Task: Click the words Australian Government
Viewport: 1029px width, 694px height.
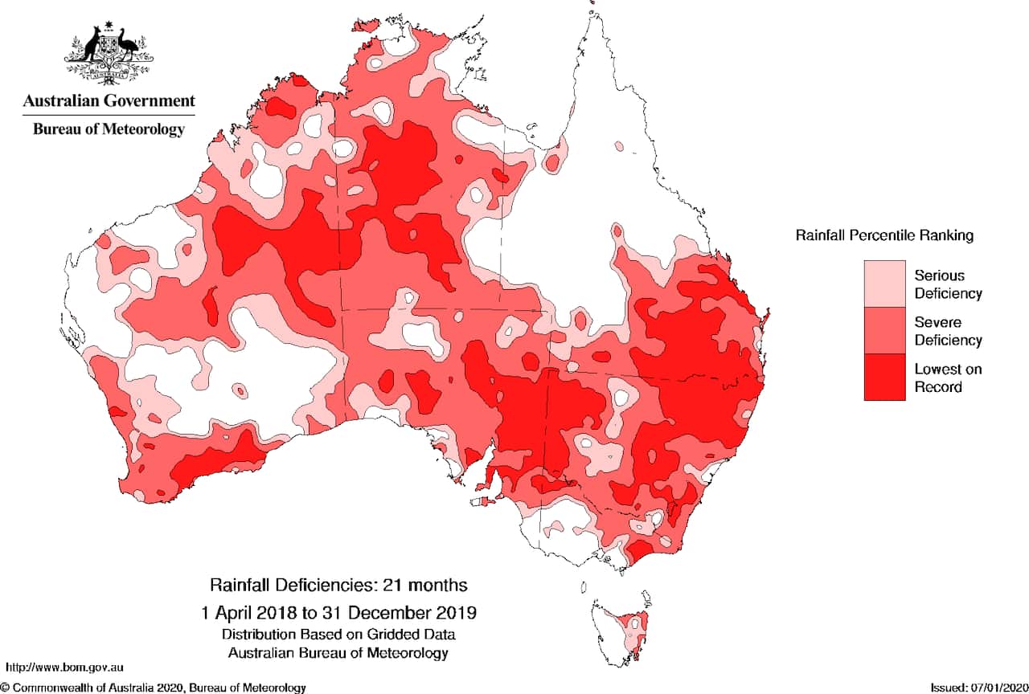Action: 109,101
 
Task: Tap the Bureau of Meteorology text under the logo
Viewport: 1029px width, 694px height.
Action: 109,129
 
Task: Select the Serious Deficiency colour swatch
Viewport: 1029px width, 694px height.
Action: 883,283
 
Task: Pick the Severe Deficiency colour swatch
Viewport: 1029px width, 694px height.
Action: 883,330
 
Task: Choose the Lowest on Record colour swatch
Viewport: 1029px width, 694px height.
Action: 883,377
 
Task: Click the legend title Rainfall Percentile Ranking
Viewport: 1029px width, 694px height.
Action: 884,235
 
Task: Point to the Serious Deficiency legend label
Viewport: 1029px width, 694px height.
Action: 948,284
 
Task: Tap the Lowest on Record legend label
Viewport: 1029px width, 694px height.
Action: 948,378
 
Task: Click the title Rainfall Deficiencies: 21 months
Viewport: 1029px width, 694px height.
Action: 338,584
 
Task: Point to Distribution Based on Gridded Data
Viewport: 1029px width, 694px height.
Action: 338,635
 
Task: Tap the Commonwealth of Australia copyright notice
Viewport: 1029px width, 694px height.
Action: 153,688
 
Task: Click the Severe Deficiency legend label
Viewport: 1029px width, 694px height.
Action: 948,331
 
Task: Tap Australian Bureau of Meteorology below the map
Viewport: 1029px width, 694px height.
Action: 338,652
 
